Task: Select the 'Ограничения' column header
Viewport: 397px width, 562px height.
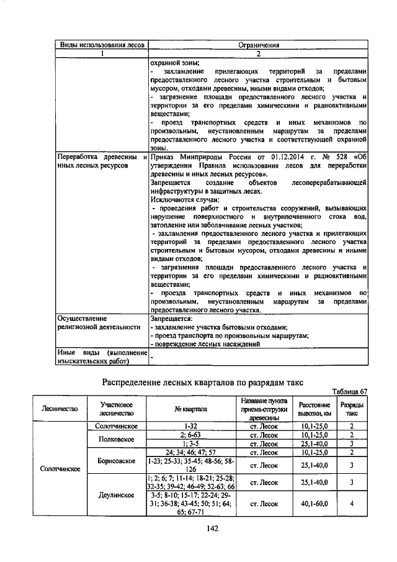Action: point(259,45)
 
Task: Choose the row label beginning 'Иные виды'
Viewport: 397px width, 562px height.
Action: point(101,356)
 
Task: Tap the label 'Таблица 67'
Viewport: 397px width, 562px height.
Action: point(350,391)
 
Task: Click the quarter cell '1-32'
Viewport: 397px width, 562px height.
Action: point(190,427)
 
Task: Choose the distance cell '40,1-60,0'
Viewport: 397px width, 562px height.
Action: point(313,504)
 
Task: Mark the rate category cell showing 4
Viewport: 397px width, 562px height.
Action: point(352,504)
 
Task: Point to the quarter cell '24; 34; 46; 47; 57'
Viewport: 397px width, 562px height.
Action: point(190,453)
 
